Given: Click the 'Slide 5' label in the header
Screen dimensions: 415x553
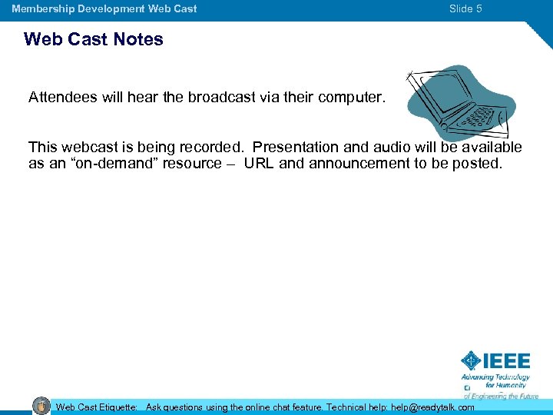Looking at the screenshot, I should coord(465,9).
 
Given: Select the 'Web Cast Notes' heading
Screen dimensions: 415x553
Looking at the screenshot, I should coord(94,39).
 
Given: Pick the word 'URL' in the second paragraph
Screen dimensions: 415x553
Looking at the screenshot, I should coord(260,163).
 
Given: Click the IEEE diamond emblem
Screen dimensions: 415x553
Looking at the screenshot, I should coord(471,360).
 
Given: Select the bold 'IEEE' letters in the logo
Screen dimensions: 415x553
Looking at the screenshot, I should coord(506,361).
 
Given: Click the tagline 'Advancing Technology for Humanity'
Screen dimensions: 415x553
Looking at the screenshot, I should coord(495,381).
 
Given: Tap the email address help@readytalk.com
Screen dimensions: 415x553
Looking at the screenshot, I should coord(432,407).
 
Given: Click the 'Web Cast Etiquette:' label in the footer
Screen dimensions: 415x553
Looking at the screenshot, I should coord(97,407).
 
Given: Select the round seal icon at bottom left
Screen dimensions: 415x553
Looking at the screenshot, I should coord(41,407).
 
